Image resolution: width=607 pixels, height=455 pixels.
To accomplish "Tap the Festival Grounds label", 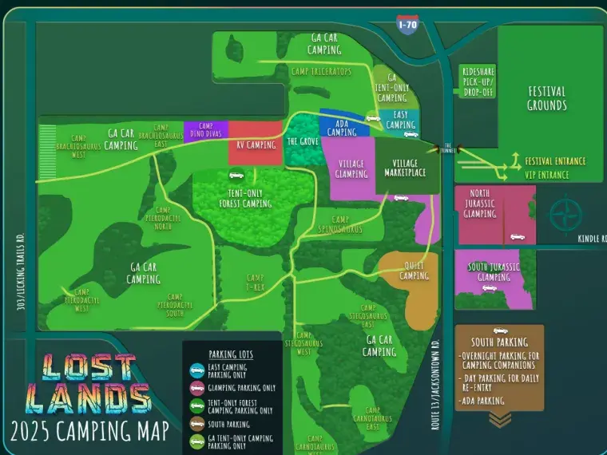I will tap(546, 99).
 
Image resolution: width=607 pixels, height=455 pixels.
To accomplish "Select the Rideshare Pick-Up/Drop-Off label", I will tap(478, 81).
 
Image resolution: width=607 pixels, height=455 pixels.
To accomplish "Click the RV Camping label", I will tap(256, 145).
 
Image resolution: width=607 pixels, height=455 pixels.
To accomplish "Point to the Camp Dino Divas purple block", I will tap(205, 131).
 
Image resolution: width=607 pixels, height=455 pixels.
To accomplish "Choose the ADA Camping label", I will tap(342, 128).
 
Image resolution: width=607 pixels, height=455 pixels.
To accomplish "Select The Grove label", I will tap(303, 142).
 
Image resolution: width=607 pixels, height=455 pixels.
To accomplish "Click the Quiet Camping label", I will tap(414, 271).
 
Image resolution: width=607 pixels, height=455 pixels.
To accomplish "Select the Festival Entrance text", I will tap(555, 161).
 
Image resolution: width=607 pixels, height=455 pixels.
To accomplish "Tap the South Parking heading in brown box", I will tap(500, 342).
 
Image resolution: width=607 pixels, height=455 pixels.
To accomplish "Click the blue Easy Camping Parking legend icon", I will tap(196, 370).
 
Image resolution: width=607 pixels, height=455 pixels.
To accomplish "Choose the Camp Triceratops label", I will tap(321, 71).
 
